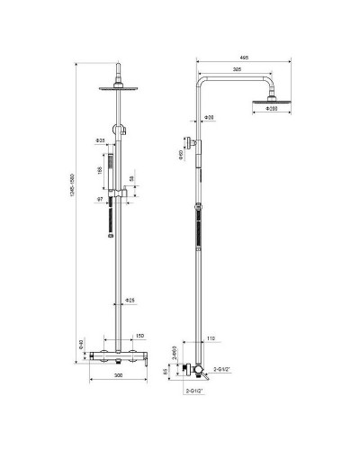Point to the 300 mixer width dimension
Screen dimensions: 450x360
116,376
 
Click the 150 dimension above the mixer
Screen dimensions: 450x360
139,336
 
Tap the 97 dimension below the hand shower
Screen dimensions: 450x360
101,200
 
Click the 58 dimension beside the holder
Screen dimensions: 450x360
133,180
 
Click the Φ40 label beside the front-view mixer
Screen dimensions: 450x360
82,345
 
